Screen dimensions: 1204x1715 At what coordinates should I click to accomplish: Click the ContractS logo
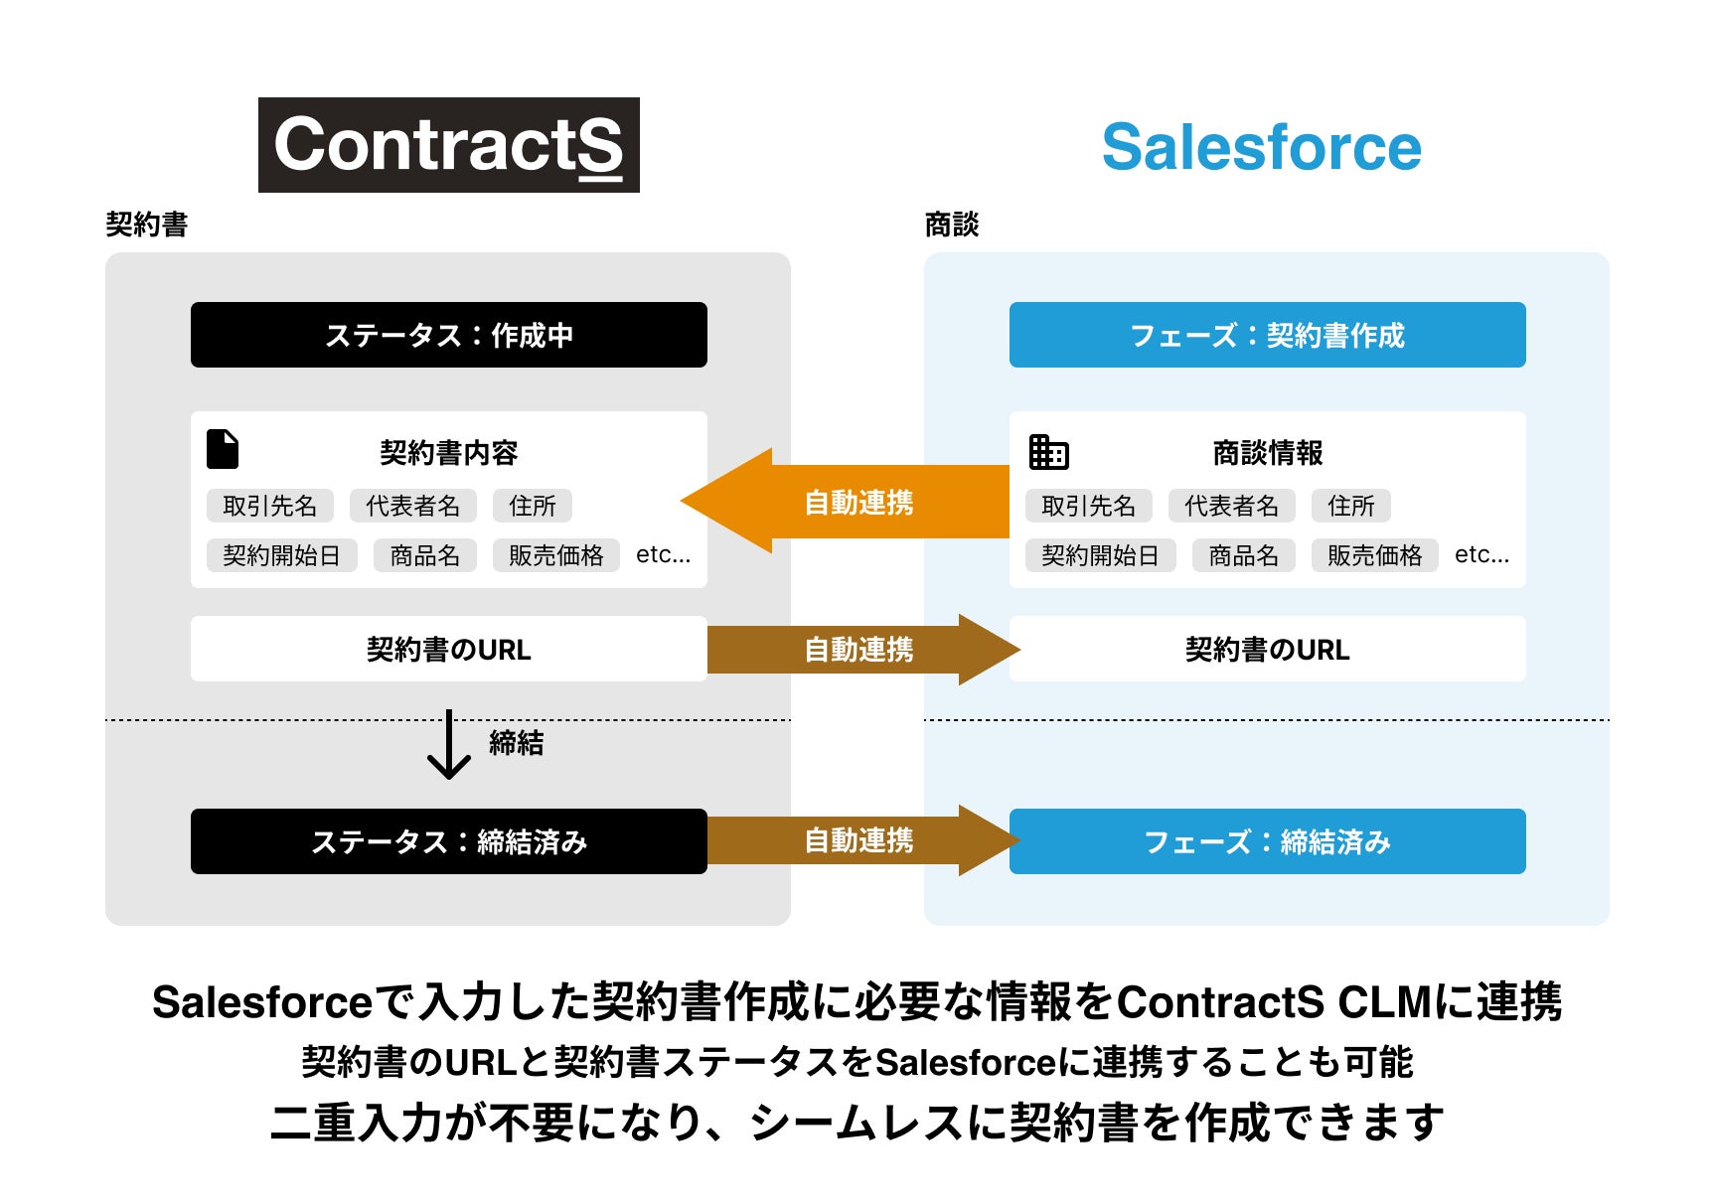(x=448, y=145)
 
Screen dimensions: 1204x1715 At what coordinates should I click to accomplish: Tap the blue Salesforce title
(x=1261, y=147)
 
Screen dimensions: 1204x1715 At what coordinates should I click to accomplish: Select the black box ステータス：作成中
(x=448, y=335)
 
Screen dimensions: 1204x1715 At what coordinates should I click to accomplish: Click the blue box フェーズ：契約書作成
(x=1267, y=335)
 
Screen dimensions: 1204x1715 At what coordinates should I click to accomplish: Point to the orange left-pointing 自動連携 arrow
(x=845, y=502)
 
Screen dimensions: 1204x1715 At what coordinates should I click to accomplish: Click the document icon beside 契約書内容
(x=223, y=449)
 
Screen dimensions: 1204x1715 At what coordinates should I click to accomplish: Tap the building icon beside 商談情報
(x=1048, y=451)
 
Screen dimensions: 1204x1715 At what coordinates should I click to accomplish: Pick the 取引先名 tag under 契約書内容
(x=270, y=506)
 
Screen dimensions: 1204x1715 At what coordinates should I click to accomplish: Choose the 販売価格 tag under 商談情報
(x=1374, y=555)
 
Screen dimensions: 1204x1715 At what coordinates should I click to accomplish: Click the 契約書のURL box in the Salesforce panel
(x=1267, y=649)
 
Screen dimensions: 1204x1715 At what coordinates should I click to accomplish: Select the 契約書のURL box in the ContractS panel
(x=448, y=649)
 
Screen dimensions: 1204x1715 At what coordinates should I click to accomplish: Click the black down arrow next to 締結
(x=449, y=744)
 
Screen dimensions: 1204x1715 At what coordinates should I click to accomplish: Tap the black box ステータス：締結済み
(x=448, y=841)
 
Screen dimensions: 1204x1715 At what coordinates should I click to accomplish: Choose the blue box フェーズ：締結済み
(x=1267, y=841)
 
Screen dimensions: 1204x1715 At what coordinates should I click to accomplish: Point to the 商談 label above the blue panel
(x=951, y=225)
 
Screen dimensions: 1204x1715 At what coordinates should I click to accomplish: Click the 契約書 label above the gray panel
(x=147, y=225)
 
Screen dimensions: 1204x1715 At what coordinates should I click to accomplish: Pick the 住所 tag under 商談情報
(x=1350, y=506)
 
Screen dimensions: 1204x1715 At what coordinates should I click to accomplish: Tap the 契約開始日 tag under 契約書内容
(x=281, y=555)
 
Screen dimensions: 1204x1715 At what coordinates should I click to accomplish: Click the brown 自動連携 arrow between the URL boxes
(x=860, y=650)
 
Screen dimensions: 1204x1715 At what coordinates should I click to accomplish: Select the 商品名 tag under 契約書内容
(x=424, y=555)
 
